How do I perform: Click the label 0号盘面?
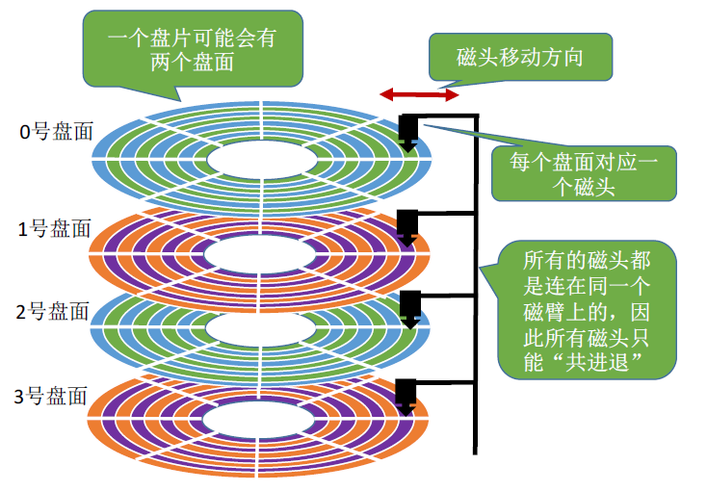(57, 132)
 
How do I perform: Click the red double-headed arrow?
(418, 94)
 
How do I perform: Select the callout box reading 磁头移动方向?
(519, 58)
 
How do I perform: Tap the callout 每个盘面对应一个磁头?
(583, 173)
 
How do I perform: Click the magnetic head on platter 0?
(407, 131)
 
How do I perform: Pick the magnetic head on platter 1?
(407, 223)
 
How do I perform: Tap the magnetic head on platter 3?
(406, 393)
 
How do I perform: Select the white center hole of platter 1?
(260, 253)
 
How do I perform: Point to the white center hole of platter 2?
(260, 329)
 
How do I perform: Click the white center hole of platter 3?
(260, 418)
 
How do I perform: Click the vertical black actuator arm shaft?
(475, 289)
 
